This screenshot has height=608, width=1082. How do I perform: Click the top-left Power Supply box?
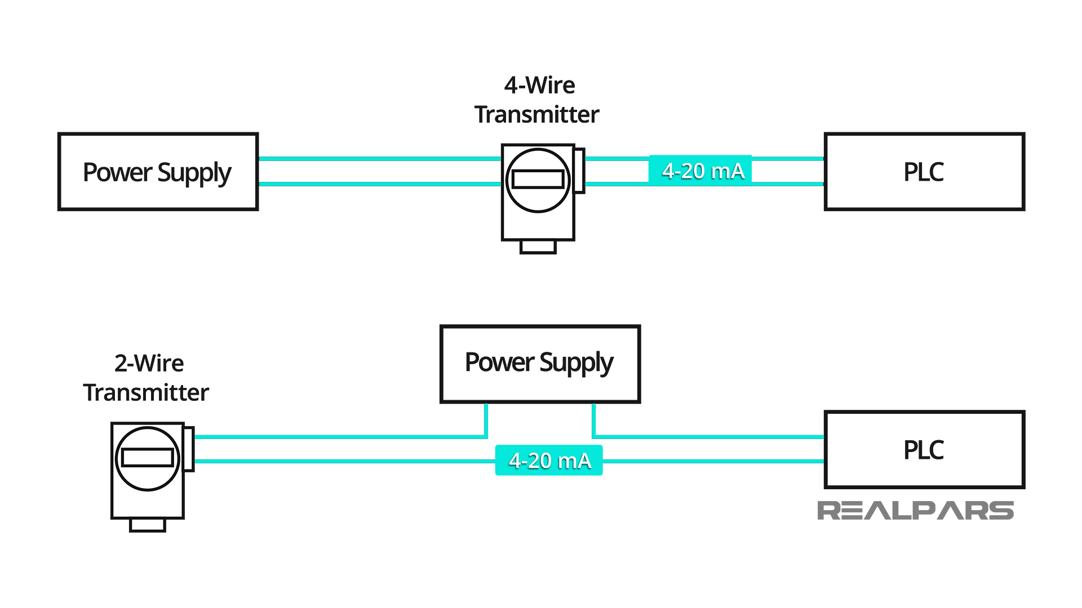coord(158,172)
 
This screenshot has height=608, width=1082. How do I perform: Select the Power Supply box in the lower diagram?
coord(540,364)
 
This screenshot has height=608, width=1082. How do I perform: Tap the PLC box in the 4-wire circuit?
coord(924,172)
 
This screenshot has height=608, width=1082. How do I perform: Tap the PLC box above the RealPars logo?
coord(924,449)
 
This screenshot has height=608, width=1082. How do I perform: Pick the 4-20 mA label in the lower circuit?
coord(549,461)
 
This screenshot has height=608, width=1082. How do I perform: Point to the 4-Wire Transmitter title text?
coord(538,100)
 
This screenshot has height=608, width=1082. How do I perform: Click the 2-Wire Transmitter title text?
coord(147,378)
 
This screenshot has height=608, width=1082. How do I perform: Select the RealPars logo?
coord(915,511)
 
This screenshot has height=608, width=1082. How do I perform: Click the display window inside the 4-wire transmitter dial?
coord(538,179)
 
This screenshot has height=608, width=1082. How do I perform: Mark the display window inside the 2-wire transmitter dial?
coord(147,457)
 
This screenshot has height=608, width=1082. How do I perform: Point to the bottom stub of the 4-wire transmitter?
coord(538,247)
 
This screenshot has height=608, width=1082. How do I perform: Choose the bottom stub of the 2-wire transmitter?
coord(147,525)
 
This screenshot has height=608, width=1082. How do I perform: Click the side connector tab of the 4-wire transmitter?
coord(579,171)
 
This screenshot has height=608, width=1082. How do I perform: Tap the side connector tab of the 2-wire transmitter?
coord(189,449)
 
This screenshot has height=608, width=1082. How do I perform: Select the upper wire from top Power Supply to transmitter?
coord(379,159)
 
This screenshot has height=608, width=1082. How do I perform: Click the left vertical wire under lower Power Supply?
coord(486,419)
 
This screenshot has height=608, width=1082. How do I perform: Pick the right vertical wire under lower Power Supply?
coord(594,419)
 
